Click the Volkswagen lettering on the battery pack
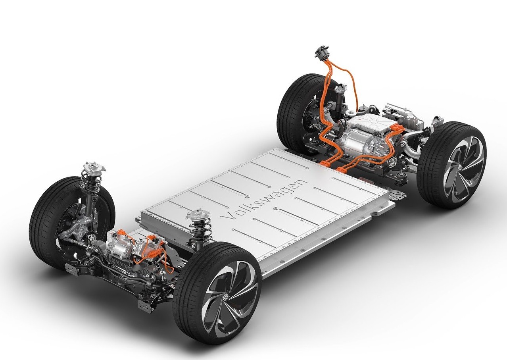pos(264,200)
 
